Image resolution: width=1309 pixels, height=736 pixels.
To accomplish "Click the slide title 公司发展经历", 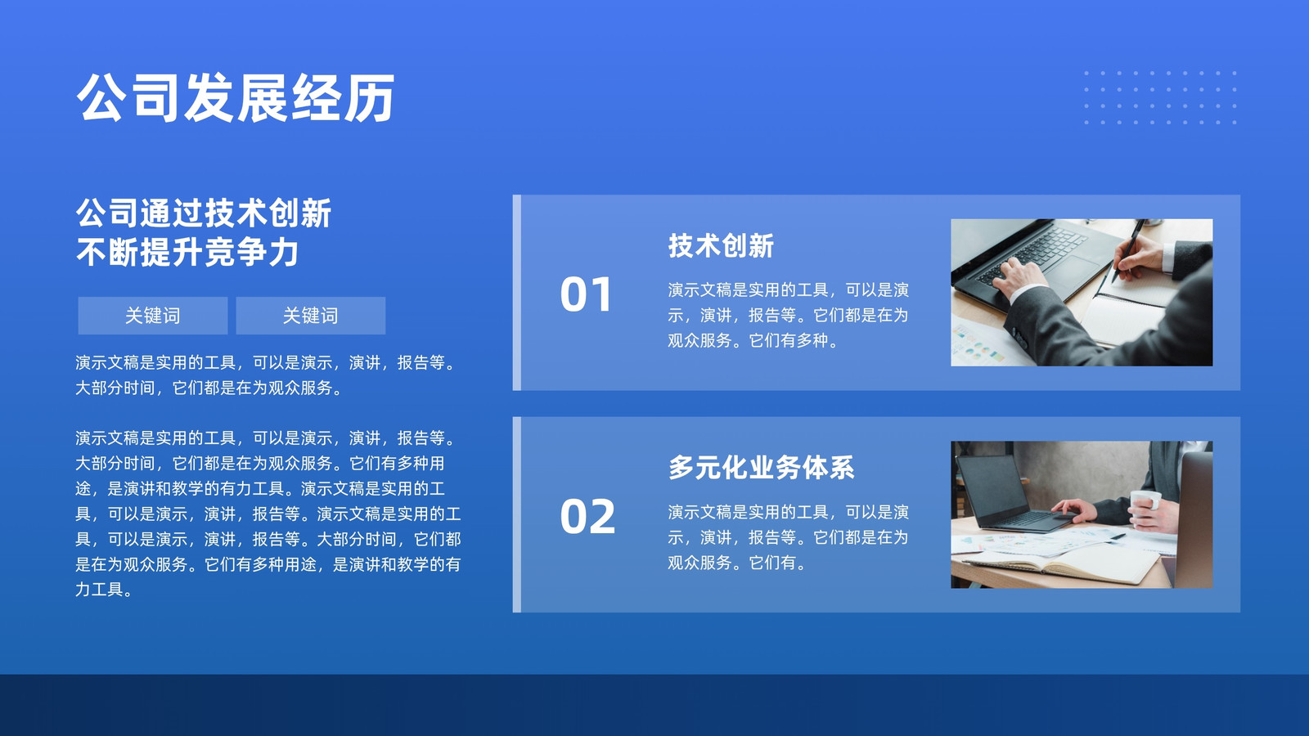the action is [236, 97].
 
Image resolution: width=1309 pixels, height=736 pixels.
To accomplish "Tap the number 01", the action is [586, 294].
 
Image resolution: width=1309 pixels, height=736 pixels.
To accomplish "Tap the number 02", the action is [587, 516].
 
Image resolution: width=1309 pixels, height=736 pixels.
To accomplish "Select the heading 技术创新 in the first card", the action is [721, 245].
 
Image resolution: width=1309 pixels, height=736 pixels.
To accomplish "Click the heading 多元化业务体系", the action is [762, 467].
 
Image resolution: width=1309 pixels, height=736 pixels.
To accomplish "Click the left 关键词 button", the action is [153, 316].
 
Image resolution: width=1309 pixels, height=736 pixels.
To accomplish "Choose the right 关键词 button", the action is [310, 316].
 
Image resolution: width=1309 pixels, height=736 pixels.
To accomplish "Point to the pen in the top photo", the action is [1128, 250].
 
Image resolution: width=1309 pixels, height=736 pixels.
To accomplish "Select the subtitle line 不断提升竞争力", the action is [187, 253].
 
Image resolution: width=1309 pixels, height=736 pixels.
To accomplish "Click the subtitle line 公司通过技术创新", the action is [204, 213].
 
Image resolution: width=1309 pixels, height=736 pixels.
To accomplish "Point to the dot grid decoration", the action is [1160, 97].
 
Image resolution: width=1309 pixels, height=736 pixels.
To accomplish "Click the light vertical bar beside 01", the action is [516, 293].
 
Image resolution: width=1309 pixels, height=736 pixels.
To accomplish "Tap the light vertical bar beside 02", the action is [516, 514].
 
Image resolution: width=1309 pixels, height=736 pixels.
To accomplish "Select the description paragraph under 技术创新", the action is [789, 315].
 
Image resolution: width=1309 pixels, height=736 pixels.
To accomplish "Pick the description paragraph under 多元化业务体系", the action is [789, 537].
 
